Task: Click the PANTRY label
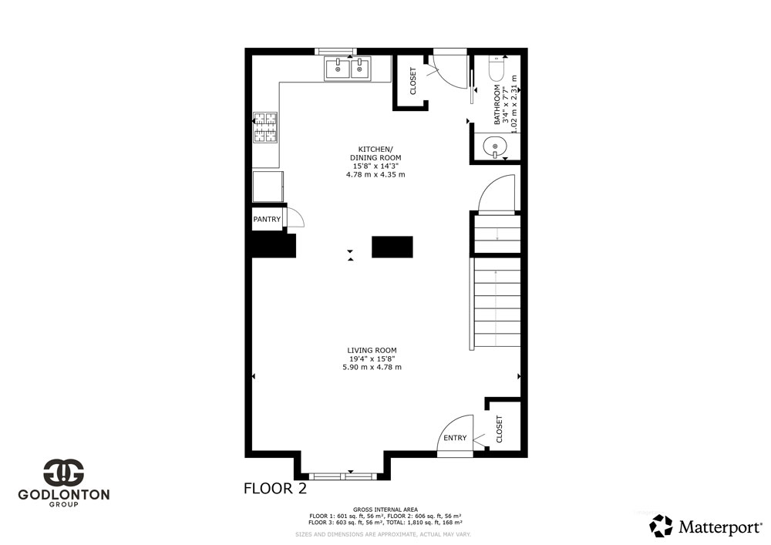click(267, 219)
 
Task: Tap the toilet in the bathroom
click(496, 69)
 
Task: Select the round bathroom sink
click(494, 146)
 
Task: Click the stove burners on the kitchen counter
click(265, 128)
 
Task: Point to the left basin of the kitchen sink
click(338, 69)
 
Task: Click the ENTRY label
click(455, 438)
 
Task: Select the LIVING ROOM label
click(372, 351)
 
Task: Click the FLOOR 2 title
click(275, 489)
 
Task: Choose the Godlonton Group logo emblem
click(64, 473)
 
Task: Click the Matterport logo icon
click(661, 526)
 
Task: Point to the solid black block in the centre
click(392, 247)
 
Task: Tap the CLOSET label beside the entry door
click(500, 429)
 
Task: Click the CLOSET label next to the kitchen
click(413, 81)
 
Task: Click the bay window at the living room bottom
click(343, 476)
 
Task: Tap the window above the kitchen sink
click(335, 51)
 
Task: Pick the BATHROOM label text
click(497, 104)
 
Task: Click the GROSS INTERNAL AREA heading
click(385, 510)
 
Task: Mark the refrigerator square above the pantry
click(268, 187)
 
